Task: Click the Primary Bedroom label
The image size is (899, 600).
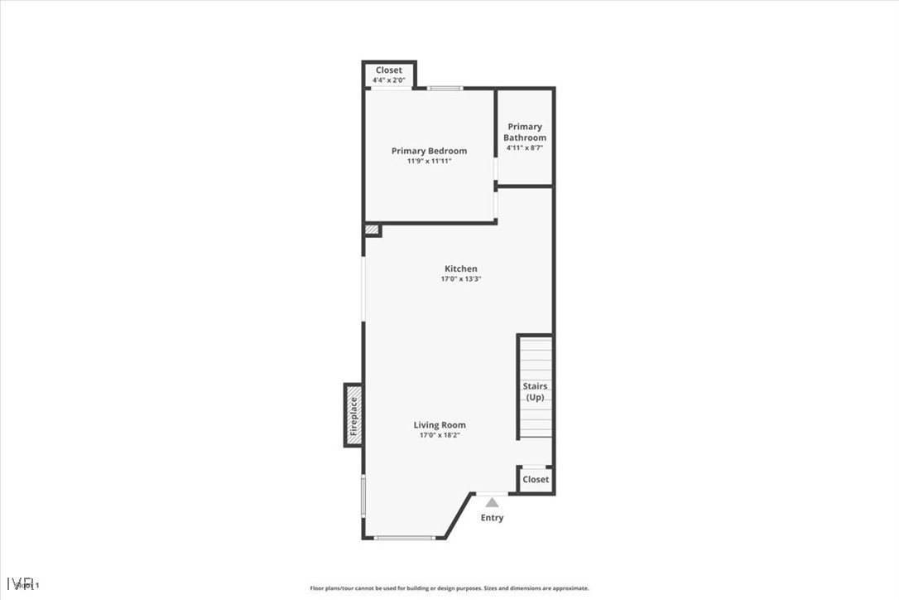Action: (x=429, y=151)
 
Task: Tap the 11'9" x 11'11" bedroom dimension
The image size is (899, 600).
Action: (x=429, y=161)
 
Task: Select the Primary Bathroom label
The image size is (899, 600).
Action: (x=525, y=132)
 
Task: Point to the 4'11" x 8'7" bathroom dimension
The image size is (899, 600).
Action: (x=525, y=148)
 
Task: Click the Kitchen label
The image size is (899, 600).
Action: (x=461, y=269)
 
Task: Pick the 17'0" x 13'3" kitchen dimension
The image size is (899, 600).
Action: (x=461, y=279)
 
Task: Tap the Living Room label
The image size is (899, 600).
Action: (x=440, y=425)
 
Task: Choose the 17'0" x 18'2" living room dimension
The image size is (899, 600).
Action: (x=440, y=435)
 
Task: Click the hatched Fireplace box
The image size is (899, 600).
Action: (x=353, y=416)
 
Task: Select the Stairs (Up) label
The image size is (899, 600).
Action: (x=536, y=391)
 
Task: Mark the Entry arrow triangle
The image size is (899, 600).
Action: (x=493, y=502)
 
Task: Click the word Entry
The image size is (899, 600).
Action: (x=493, y=518)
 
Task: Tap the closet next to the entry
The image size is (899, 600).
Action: (x=536, y=479)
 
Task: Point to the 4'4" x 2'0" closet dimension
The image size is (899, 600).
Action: (x=389, y=80)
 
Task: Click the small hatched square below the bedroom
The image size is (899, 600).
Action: (x=373, y=229)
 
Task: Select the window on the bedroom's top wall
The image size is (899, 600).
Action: (x=445, y=88)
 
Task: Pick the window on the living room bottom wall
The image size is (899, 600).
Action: (x=404, y=538)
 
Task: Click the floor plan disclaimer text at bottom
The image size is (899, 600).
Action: (x=449, y=588)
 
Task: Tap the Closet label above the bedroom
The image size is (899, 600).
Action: (x=389, y=70)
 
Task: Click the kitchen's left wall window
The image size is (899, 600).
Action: (x=363, y=288)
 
